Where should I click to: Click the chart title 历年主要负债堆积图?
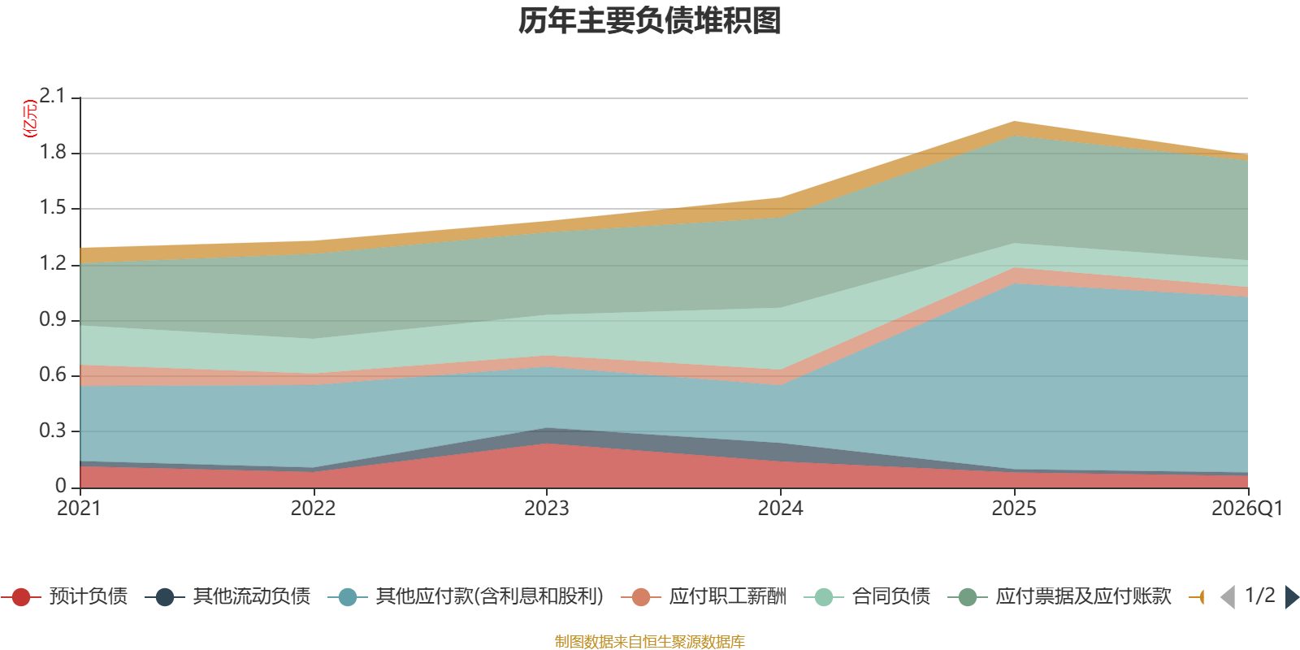point(649,21)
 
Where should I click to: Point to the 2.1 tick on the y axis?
point(52,97)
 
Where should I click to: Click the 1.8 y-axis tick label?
point(52,153)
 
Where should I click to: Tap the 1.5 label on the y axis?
point(52,208)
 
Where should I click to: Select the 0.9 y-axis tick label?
point(52,320)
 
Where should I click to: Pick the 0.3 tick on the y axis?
point(52,431)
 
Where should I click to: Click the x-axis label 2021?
point(80,509)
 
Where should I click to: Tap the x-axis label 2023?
point(547,509)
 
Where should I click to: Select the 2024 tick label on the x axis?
point(781,509)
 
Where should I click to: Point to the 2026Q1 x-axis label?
point(1247,509)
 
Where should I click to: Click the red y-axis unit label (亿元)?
point(29,119)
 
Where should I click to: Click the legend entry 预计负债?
point(65,596)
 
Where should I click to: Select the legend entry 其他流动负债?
point(227,596)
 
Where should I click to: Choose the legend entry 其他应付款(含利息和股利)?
point(466,596)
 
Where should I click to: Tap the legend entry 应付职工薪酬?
point(704,596)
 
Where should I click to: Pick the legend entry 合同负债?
point(867,596)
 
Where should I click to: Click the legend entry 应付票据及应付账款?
point(1059,596)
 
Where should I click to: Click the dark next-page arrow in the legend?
point(1292,597)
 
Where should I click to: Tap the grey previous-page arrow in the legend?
point(1228,597)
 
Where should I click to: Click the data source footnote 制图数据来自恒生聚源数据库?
point(649,641)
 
